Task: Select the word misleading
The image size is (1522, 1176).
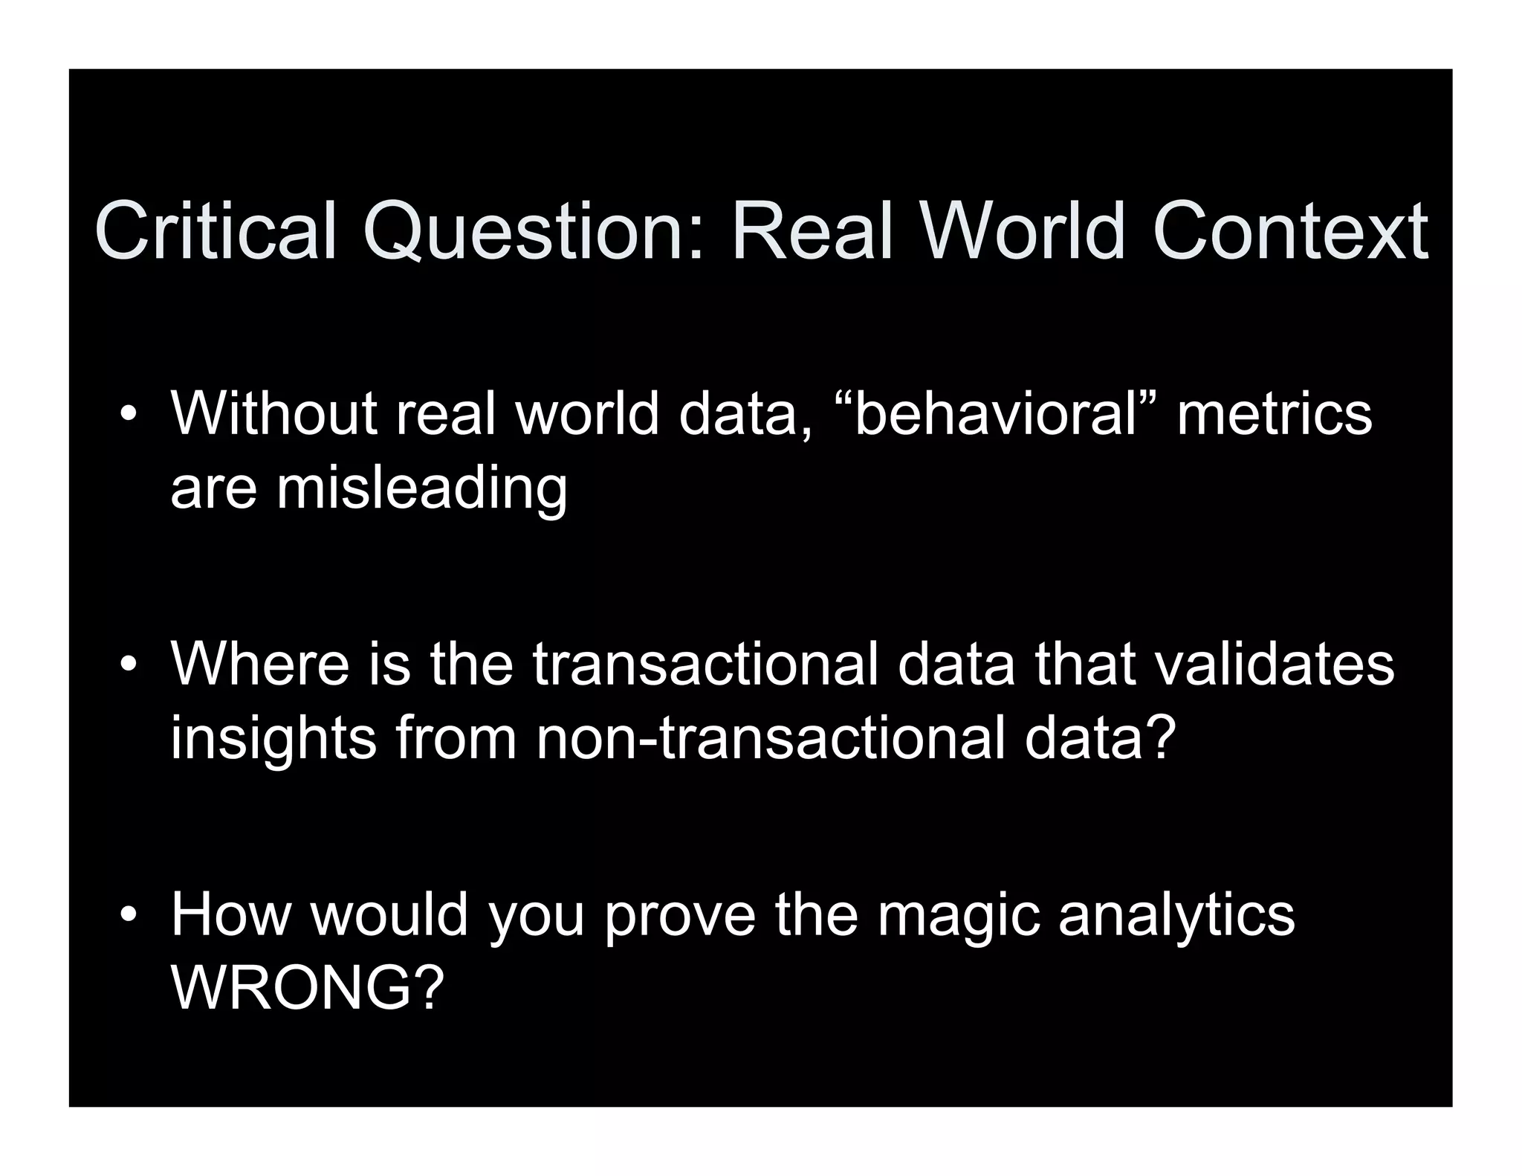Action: pos(421,490)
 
